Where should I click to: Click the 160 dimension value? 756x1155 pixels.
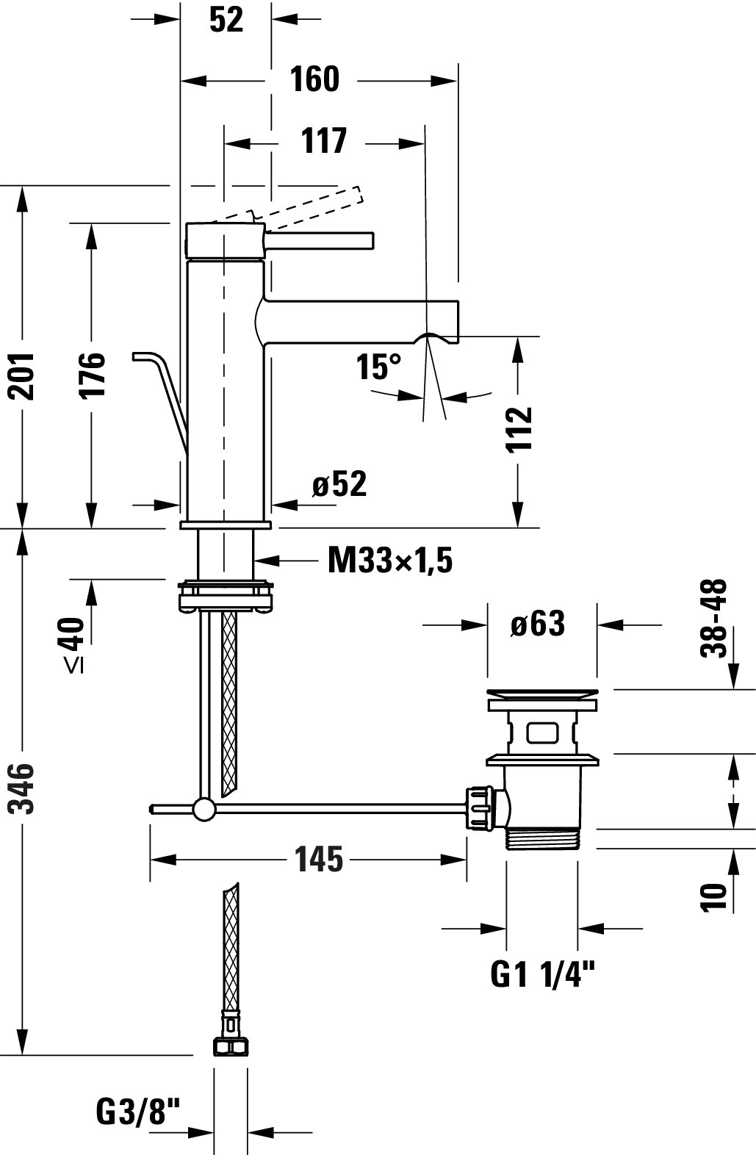[x=314, y=79]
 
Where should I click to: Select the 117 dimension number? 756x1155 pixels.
[x=323, y=140]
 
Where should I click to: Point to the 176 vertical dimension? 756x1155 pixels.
[x=93, y=375]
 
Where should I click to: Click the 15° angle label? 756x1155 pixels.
[x=379, y=367]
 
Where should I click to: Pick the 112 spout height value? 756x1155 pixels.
[x=520, y=429]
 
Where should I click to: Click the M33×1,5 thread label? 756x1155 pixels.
[x=389, y=561]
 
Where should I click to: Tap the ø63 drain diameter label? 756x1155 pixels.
[x=538, y=624]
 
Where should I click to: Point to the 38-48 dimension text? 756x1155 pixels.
[x=713, y=618]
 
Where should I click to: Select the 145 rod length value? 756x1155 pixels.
[x=319, y=859]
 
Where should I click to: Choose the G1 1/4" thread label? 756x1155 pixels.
[x=542, y=975]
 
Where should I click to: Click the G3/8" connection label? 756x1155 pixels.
[x=138, y=1112]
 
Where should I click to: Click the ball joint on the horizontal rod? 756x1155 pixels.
[x=204, y=810]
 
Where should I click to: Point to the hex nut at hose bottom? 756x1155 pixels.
[x=230, y=1046]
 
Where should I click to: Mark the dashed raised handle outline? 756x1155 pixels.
[x=309, y=205]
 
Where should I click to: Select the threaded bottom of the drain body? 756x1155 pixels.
[x=542, y=838]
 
